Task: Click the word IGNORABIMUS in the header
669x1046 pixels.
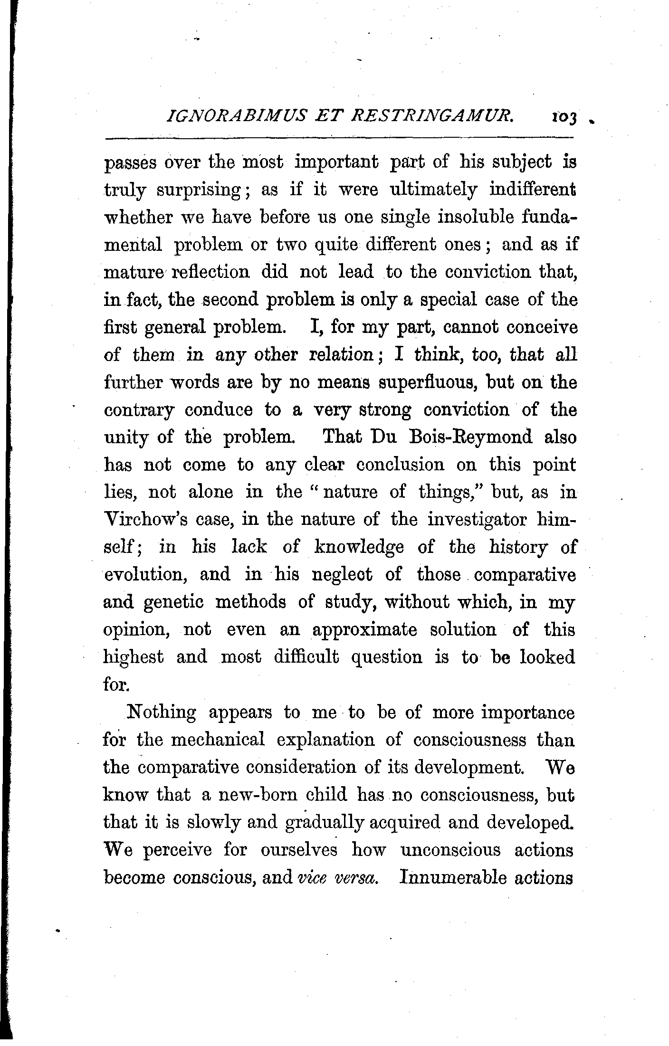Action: click(223, 115)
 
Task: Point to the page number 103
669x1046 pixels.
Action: click(564, 117)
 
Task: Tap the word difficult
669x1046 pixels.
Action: click(306, 657)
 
